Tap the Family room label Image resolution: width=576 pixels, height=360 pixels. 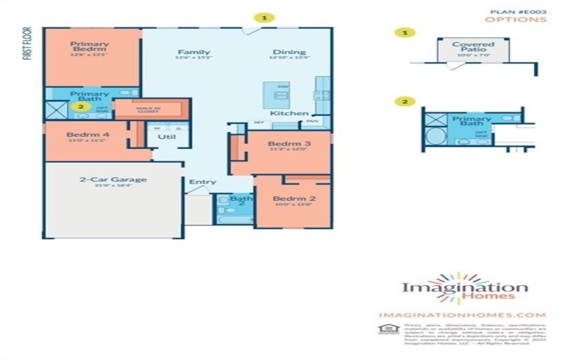tap(194, 52)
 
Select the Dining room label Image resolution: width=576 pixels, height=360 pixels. tap(289, 52)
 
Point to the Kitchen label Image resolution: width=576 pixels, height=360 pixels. tap(289, 113)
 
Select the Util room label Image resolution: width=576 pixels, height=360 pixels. tap(166, 136)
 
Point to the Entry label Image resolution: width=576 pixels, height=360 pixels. tap(202, 182)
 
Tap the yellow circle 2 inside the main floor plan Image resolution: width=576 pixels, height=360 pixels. tap(81, 107)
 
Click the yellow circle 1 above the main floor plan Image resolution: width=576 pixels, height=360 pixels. tap(266, 17)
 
